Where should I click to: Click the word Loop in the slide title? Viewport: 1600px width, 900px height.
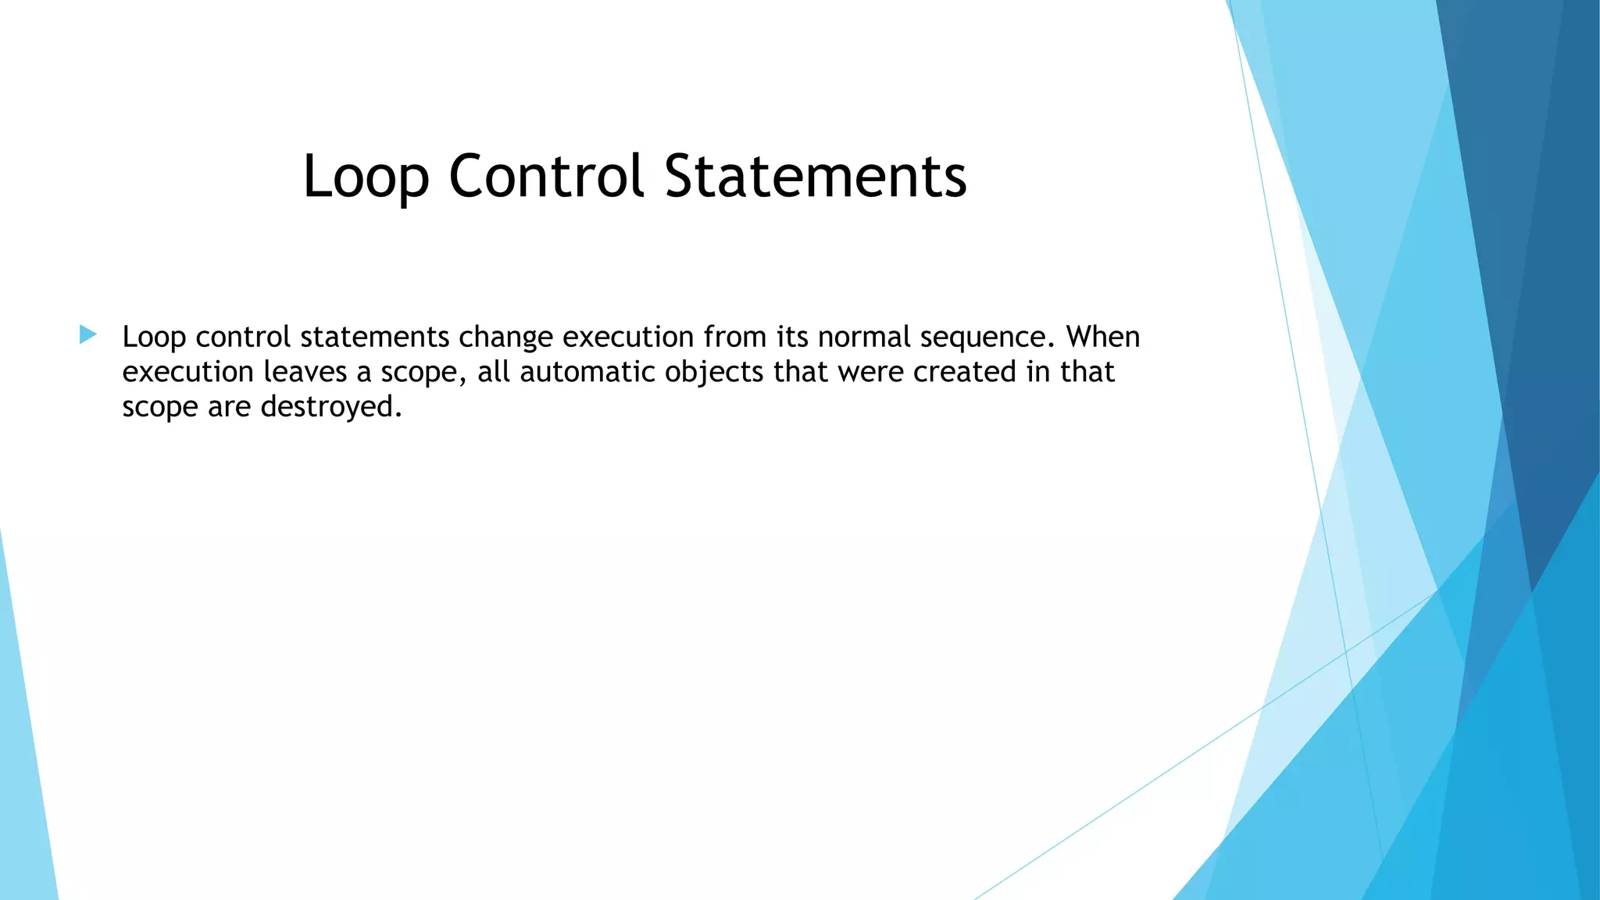coord(366,177)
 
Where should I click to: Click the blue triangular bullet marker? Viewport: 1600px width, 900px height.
coord(87,336)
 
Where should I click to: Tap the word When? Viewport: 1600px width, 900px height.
coord(1103,337)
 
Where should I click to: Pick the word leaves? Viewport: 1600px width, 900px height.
coord(305,372)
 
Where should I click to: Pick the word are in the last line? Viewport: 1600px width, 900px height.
coord(229,407)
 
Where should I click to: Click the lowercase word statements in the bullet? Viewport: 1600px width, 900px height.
coord(374,337)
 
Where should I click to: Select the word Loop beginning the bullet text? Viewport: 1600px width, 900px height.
coord(154,337)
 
